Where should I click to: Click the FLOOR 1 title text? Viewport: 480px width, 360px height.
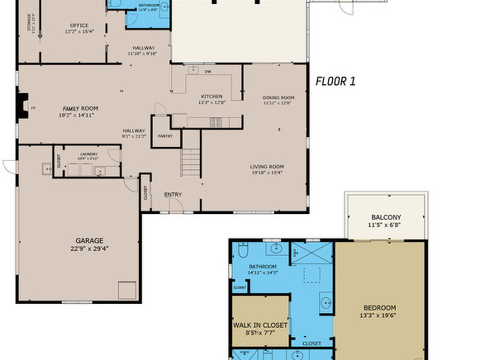pos(335,81)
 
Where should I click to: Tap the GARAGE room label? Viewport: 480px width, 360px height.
pos(90,240)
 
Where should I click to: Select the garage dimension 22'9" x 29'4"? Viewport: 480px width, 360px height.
pos(90,249)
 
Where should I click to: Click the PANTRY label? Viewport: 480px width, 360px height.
pos(165,136)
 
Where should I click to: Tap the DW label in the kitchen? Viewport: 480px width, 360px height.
pos(208,72)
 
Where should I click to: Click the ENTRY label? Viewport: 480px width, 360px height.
pos(173,195)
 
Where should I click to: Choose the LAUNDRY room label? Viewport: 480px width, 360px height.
pos(89,154)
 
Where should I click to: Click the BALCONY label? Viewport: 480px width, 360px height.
pos(386,217)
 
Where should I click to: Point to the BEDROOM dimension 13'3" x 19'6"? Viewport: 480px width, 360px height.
pos(378,315)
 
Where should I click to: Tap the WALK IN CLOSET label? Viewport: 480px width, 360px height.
pos(260,325)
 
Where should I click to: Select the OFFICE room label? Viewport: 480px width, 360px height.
pos(79,26)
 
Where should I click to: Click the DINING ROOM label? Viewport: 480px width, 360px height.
pos(278,98)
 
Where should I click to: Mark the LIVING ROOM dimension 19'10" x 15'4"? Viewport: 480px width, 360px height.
pos(266,172)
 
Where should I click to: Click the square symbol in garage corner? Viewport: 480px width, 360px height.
pos(127,290)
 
